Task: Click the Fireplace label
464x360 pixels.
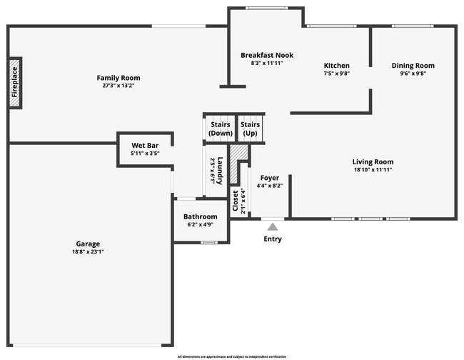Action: [x=14, y=83]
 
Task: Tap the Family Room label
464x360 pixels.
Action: [x=118, y=78]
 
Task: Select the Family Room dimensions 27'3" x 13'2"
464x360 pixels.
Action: [x=118, y=86]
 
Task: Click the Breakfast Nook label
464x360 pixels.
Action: [x=267, y=55]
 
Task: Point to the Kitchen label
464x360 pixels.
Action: [x=336, y=65]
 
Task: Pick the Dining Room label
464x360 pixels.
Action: [x=413, y=66]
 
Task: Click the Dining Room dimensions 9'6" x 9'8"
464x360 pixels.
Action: [x=413, y=74]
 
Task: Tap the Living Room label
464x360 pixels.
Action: [x=373, y=162]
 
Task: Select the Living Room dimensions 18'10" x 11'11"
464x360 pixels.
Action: [x=373, y=170]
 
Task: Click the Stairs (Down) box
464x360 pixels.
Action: [x=220, y=129]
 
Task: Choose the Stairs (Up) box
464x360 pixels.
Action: [x=250, y=129]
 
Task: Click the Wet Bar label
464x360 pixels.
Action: [x=145, y=145]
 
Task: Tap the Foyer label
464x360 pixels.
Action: [x=269, y=178]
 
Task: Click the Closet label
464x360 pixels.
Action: [x=236, y=201]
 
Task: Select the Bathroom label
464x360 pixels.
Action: [x=200, y=216]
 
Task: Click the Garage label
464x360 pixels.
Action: [x=89, y=244]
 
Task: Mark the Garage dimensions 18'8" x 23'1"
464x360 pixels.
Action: [x=89, y=251]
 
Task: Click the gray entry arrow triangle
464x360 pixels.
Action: [x=272, y=226]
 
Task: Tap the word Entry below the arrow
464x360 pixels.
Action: [x=273, y=239]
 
